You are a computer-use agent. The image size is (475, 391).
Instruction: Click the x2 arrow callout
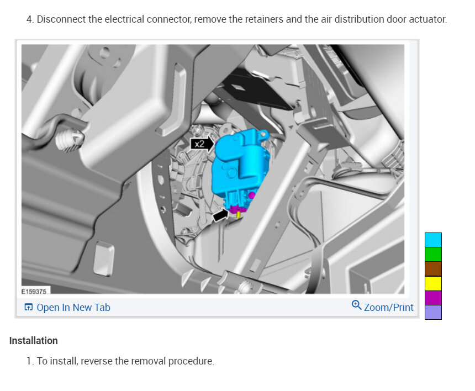pyautogui.click(x=202, y=144)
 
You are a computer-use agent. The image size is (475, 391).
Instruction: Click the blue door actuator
pyautogui.click(x=239, y=167)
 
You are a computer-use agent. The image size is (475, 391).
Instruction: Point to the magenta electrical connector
pyautogui.click(x=238, y=209)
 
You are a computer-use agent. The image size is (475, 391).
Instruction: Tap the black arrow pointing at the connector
pyautogui.click(x=221, y=215)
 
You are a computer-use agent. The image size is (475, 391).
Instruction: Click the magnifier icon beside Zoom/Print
pyautogui.click(x=356, y=305)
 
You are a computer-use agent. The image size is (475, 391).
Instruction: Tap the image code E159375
pyautogui.click(x=34, y=292)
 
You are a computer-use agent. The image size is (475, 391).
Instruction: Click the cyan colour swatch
pyautogui.click(x=433, y=240)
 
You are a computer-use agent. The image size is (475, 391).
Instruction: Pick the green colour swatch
pyautogui.click(x=433, y=255)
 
